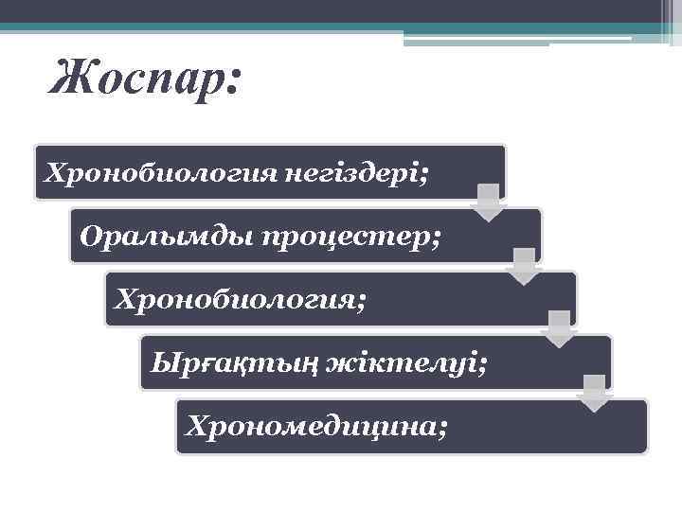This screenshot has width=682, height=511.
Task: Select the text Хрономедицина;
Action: pyautogui.click(x=317, y=426)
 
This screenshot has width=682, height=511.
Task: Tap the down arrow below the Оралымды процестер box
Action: pyautogui.click(x=524, y=266)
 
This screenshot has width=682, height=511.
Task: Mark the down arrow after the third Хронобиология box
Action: pyautogui.click(x=559, y=329)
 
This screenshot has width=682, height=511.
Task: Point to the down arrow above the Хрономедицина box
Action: pyautogui.click(x=595, y=393)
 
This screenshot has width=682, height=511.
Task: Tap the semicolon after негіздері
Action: pyautogui.click(x=423, y=176)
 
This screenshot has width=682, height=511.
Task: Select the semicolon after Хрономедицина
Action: pyautogui.click(x=443, y=429)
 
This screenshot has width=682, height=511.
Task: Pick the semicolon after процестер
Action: pyautogui.click(x=435, y=238)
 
